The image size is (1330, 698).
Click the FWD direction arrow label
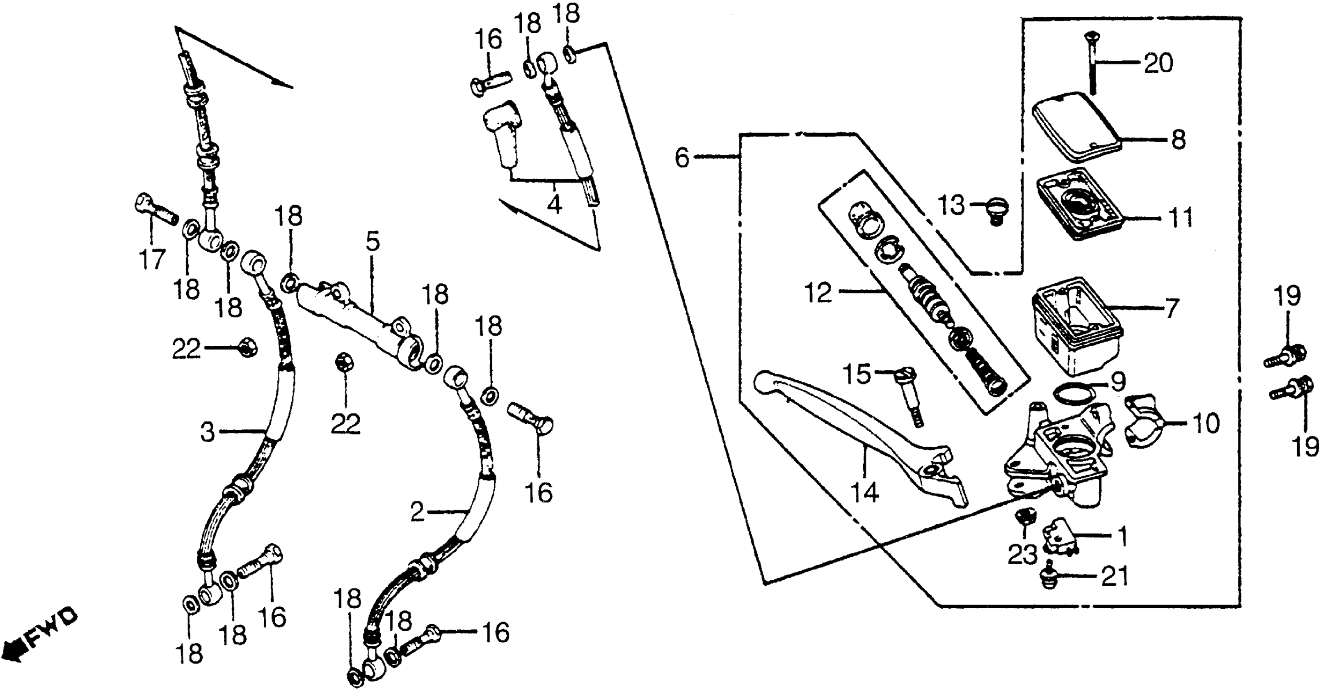tap(41, 638)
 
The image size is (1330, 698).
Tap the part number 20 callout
tap(1158, 64)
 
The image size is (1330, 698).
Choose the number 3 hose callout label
tap(207, 432)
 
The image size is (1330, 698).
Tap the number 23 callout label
tap(1022, 555)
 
